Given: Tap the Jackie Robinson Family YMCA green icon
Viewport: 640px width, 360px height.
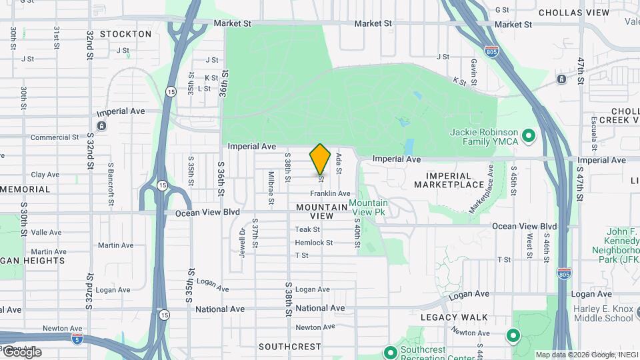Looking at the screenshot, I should pyautogui.click(x=529, y=137).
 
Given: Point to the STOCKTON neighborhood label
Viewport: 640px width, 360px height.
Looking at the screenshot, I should pyautogui.click(x=125, y=33).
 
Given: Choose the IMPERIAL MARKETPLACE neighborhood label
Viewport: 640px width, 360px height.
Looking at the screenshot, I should pyautogui.click(x=458, y=179).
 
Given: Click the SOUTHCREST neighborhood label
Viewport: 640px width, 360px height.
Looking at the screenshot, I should pyautogui.click(x=289, y=347).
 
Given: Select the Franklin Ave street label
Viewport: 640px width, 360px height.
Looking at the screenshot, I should pyautogui.click(x=330, y=193).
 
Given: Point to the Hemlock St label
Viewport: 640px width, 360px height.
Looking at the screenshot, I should pyautogui.click(x=313, y=243).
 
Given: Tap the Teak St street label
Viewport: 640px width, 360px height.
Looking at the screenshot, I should pyautogui.click(x=307, y=229).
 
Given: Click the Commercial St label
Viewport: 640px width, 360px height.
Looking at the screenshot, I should pyautogui.click(x=55, y=137).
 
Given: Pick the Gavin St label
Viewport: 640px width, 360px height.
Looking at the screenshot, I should pyautogui.click(x=474, y=66).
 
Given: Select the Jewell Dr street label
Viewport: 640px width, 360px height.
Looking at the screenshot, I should pyautogui.click(x=243, y=241).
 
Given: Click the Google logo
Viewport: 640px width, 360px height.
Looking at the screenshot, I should pyautogui.click(x=21, y=352).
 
